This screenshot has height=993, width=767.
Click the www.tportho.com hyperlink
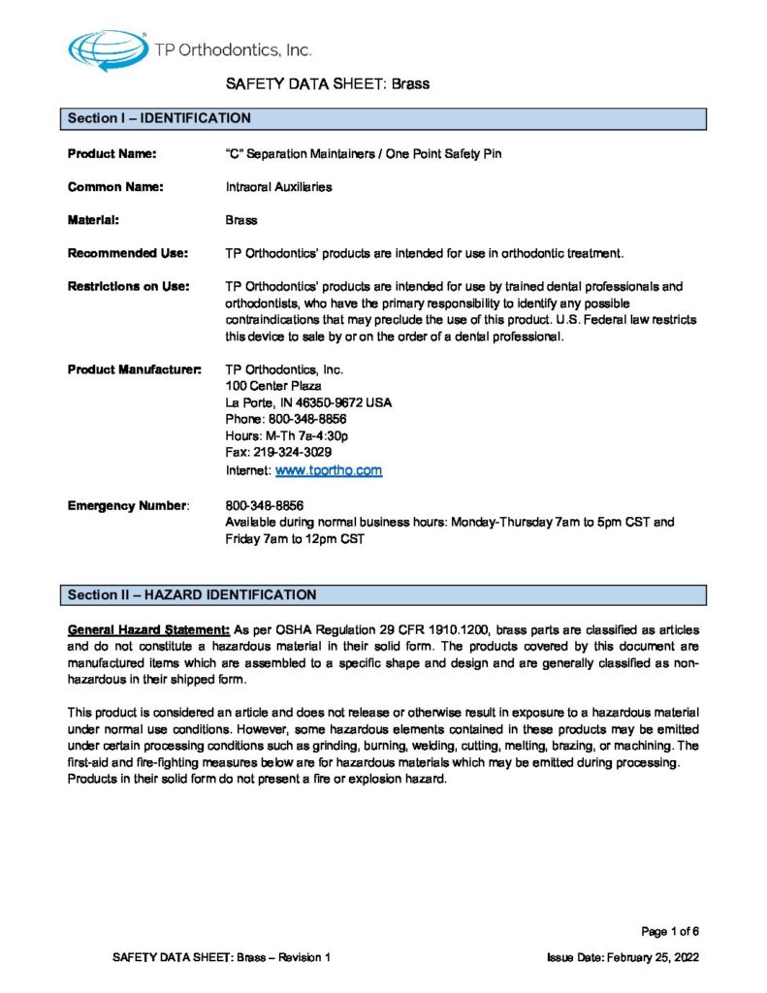329,470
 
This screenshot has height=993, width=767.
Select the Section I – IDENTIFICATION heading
159,118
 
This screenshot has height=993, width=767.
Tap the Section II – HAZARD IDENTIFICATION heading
191,593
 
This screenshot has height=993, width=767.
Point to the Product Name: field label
112,153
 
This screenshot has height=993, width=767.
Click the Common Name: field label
114,187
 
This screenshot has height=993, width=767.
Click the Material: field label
93,220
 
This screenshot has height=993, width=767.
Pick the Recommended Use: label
126,254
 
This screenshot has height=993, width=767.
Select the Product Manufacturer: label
135,369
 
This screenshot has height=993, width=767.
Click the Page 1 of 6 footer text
670,932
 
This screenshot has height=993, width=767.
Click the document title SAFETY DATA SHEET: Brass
328,83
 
